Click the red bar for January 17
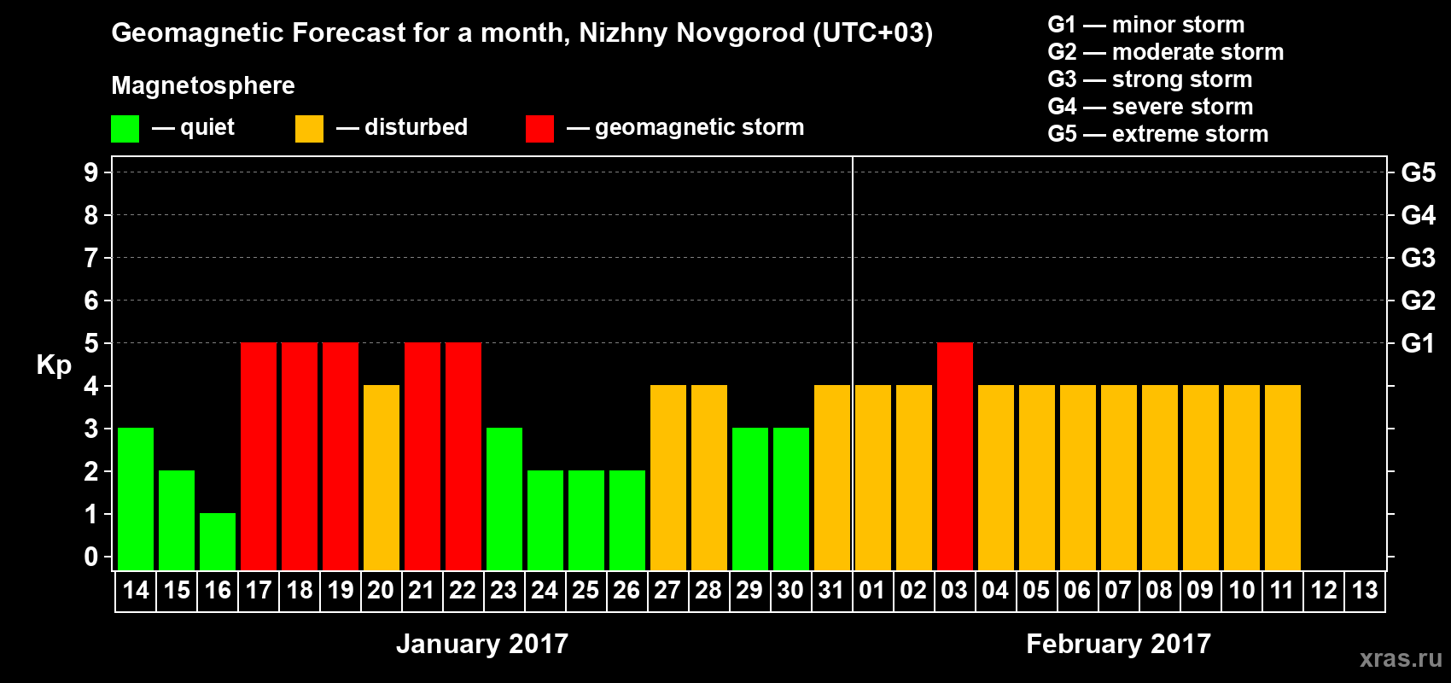259,456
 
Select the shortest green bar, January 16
218,541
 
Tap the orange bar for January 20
382,477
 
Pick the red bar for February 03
955,456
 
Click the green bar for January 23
504,499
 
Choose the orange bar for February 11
1283,477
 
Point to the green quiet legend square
125,129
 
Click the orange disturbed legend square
309,129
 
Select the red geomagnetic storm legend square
539,129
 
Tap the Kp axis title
54,365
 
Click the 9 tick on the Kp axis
91,172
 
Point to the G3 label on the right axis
1418,258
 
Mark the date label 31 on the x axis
831,590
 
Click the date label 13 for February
1364,590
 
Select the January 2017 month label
482,644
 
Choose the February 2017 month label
1118,644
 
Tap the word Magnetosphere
203,85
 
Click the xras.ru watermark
1401,658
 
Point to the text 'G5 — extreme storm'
1157,134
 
